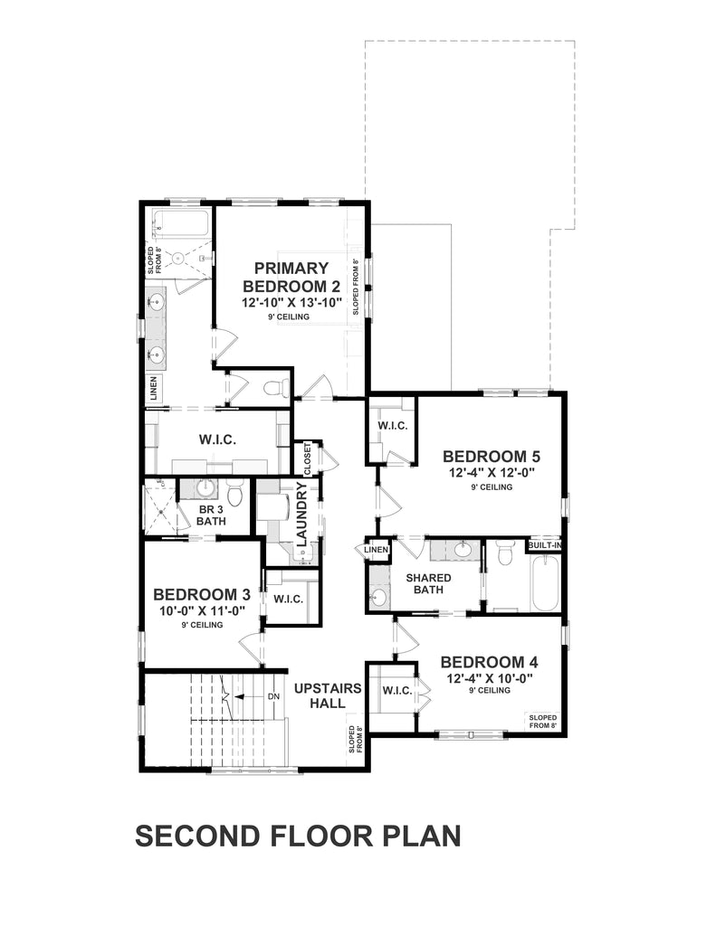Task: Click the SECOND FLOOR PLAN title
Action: click(298, 836)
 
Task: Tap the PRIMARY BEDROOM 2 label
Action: click(291, 277)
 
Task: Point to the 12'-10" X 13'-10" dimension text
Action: click(291, 303)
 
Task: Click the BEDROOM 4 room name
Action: click(491, 661)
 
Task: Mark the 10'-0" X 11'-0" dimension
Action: click(201, 610)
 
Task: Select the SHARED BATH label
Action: click(428, 584)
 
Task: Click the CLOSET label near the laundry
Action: click(308, 458)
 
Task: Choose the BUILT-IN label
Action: click(545, 546)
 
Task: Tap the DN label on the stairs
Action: click(272, 696)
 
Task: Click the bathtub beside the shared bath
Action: click(546, 584)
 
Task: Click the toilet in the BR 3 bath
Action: click(235, 494)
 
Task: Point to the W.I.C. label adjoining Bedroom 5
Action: click(392, 425)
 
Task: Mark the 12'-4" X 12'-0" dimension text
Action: click(491, 472)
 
